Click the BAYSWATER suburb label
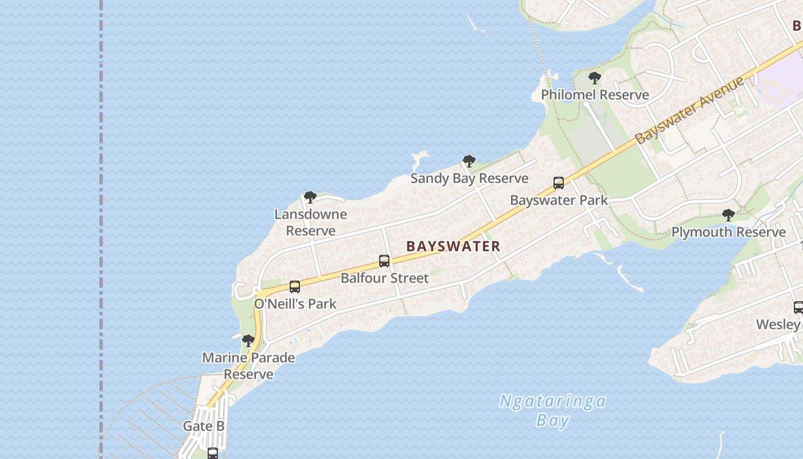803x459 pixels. point(453,246)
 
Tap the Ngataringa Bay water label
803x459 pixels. point(552,410)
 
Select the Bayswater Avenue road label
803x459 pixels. point(690,109)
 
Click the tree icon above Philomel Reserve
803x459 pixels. point(595,77)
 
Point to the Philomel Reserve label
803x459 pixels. point(595,95)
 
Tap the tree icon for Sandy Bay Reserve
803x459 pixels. point(469,161)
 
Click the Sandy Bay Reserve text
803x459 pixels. point(469,178)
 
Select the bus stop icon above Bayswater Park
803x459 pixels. point(559,183)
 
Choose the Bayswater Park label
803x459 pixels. point(559,200)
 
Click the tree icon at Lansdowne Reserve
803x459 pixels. point(310,197)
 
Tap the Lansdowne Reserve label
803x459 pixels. point(310,222)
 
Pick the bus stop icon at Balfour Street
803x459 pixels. point(384,261)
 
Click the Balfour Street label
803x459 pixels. point(384,278)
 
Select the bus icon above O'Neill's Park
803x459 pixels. point(295,287)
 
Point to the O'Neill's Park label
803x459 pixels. point(295,304)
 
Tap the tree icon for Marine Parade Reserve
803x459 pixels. point(248,341)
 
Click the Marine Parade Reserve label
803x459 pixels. point(248,365)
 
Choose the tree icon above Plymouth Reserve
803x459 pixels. point(728,215)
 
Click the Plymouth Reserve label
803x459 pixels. point(728,232)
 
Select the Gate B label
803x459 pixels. point(204,426)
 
